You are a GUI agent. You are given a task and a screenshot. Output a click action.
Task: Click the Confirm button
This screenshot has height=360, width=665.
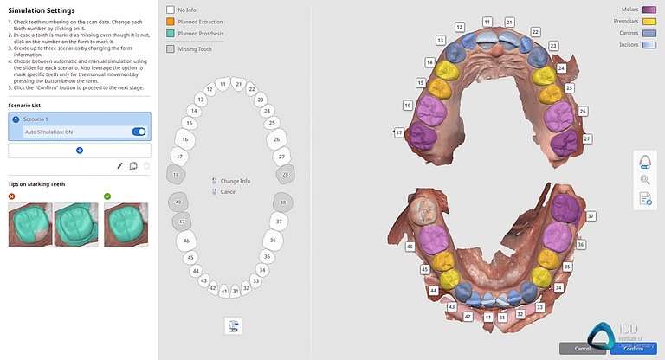pos(632,348)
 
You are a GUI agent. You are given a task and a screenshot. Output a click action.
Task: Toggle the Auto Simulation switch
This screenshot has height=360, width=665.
pos(139,132)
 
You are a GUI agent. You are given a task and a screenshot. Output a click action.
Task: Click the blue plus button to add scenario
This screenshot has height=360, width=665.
pos(80,151)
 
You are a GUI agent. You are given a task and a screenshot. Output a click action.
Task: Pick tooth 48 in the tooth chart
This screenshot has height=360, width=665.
pos(180,202)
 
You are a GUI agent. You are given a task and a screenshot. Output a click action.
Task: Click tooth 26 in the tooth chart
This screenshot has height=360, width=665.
pos(276,138)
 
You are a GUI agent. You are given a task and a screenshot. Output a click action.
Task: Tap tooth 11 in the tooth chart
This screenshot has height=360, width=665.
pos(223,85)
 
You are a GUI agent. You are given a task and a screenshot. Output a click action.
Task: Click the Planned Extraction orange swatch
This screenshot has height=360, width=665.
pos(171,22)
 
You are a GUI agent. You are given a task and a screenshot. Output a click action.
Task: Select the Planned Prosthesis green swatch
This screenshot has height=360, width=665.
pos(171,34)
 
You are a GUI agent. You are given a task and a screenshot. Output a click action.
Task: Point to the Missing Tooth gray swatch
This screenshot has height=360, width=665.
pos(171,49)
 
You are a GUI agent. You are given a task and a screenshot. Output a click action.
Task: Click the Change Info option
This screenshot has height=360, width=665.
pos(235,181)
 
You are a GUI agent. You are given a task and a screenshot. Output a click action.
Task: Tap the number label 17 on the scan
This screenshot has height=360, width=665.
pos(399,133)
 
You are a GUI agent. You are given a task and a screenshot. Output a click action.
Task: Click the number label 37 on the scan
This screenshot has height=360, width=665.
pos(591,215)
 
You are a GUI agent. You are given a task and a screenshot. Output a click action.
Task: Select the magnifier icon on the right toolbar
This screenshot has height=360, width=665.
pos(645,180)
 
